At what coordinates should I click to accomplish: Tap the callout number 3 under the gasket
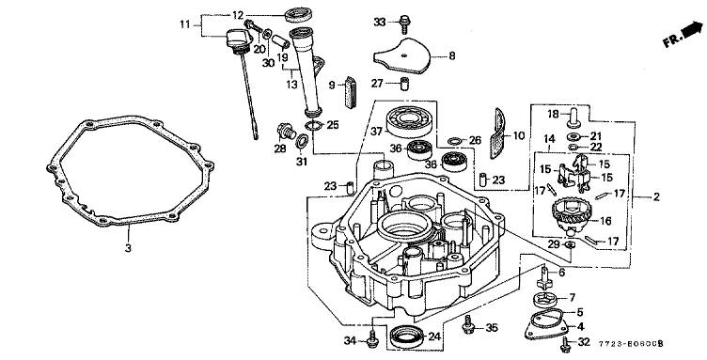pos(128,247)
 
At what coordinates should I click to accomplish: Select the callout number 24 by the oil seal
pos(434,337)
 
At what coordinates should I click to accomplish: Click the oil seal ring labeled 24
pos(407,337)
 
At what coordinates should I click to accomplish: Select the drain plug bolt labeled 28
pos(285,132)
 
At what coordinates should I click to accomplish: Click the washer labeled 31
pos(301,142)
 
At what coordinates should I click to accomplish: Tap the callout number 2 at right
pos(656,196)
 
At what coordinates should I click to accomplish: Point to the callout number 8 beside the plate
pos(451,55)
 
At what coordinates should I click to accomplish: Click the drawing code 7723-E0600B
pos(631,344)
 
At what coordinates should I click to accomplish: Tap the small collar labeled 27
pos(404,84)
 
